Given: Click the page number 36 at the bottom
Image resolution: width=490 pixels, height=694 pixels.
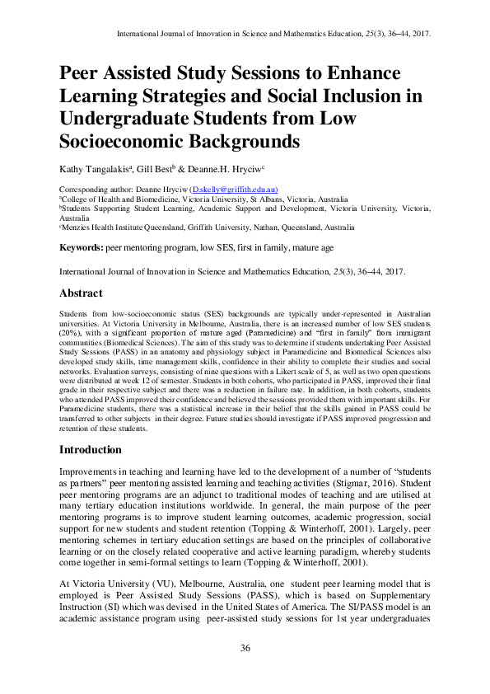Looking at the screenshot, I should [245, 648].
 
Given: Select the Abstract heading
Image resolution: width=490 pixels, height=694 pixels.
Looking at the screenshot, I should [82, 293].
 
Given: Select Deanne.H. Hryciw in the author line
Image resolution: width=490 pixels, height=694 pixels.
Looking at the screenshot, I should [232, 169].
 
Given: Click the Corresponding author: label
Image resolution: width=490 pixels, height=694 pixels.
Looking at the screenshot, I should [96, 190].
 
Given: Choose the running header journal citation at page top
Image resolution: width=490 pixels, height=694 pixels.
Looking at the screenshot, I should [276, 35].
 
